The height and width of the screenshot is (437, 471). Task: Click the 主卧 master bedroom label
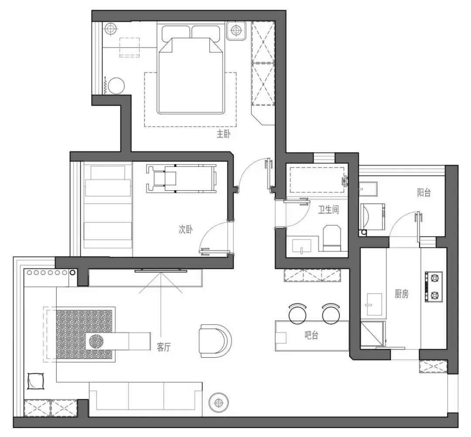coord(224,134)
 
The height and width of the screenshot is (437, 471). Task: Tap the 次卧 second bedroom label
coord(186,230)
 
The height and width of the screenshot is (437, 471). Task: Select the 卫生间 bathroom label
coord(329,210)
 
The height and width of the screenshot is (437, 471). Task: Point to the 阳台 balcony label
coord(424,192)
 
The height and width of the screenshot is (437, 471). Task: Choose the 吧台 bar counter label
coord(311,335)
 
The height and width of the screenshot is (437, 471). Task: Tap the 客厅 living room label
coord(164,347)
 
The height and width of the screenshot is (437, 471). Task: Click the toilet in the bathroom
coord(332,238)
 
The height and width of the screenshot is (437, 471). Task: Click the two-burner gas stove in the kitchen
coord(433,287)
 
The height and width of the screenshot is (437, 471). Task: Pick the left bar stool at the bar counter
coord(297,314)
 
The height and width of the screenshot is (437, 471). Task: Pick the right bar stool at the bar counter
coord(331,314)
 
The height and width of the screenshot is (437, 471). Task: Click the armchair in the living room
coord(215,341)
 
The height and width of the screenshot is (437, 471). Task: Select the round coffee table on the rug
coord(97,341)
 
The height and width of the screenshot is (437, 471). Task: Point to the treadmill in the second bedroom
coord(181,178)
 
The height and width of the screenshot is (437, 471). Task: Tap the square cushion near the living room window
coord(36,381)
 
